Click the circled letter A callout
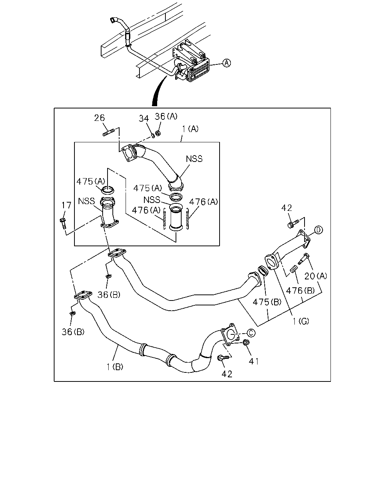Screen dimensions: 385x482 [x=227, y=63]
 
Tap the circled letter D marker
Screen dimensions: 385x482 [x=318, y=230]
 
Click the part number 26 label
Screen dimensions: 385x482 [x=99, y=118]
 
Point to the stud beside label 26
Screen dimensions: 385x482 [x=109, y=132]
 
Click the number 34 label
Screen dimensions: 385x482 [x=144, y=119]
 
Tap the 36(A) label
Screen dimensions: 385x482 [x=166, y=116]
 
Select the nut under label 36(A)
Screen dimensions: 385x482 [x=158, y=133]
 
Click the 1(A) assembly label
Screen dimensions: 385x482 [x=190, y=129]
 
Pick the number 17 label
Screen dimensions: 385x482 [x=67, y=205]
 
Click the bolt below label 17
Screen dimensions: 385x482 [x=63, y=223]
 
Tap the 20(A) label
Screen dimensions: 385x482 [x=316, y=276]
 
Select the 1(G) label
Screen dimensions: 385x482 [x=301, y=322]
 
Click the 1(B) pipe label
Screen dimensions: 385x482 [x=115, y=367]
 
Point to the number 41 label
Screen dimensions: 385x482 [x=254, y=362]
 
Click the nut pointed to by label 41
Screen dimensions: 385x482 [x=246, y=342]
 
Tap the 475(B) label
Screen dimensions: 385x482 [x=267, y=302]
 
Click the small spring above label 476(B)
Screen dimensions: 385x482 [x=294, y=269]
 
